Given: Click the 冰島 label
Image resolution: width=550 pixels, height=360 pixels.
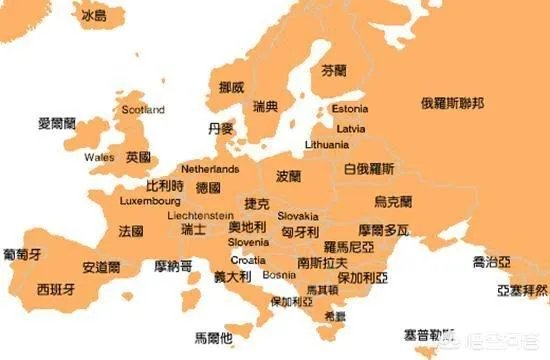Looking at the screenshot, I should pyautogui.click(x=95, y=17).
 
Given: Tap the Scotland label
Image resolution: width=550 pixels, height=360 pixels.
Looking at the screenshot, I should pyautogui.click(x=142, y=110).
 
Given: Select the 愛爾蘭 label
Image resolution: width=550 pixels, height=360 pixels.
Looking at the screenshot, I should pyautogui.click(x=56, y=124).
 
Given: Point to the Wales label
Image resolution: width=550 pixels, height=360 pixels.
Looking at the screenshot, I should pyautogui.click(x=99, y=158).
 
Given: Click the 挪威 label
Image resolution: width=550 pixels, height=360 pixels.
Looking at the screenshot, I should pyautogui.click(x=231, y=87).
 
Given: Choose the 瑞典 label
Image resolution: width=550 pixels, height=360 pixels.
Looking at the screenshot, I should pyautogui.click(x=266, y=105).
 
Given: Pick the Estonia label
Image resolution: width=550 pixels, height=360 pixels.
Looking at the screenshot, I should pyautogui.click(x=349, y=108).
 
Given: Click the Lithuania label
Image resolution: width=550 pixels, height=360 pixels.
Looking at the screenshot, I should pyautogui.click(x=326, y=145).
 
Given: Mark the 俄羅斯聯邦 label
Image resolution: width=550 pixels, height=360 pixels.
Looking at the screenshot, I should pyautogui.click(x=452, y=103).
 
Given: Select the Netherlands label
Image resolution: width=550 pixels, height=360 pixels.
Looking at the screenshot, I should pyautogui.click(x=210, y=170).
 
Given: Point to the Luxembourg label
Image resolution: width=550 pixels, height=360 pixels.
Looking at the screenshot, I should pyautogui.click(x=149, y=201).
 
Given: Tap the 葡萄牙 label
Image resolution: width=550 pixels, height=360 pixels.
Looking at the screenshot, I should pyautogui.click(x=22, y=253).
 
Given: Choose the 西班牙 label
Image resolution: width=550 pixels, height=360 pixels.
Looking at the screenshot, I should pyautogui.click(x=55, y=289).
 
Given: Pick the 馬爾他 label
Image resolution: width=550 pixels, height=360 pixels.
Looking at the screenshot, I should pyautogui.click(x=213, y=337).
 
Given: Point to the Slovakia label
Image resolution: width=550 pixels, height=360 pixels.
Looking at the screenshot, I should pyautogui.click(x=298, y=216).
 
